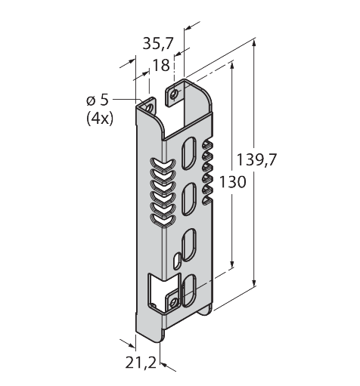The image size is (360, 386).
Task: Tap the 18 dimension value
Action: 160,66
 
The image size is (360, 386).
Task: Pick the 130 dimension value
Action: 233,184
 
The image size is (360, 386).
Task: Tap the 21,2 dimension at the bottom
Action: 141,364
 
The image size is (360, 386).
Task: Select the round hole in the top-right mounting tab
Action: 175,94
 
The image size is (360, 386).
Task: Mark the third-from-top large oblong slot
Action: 191,244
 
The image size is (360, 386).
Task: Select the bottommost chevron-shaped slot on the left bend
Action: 160,221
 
